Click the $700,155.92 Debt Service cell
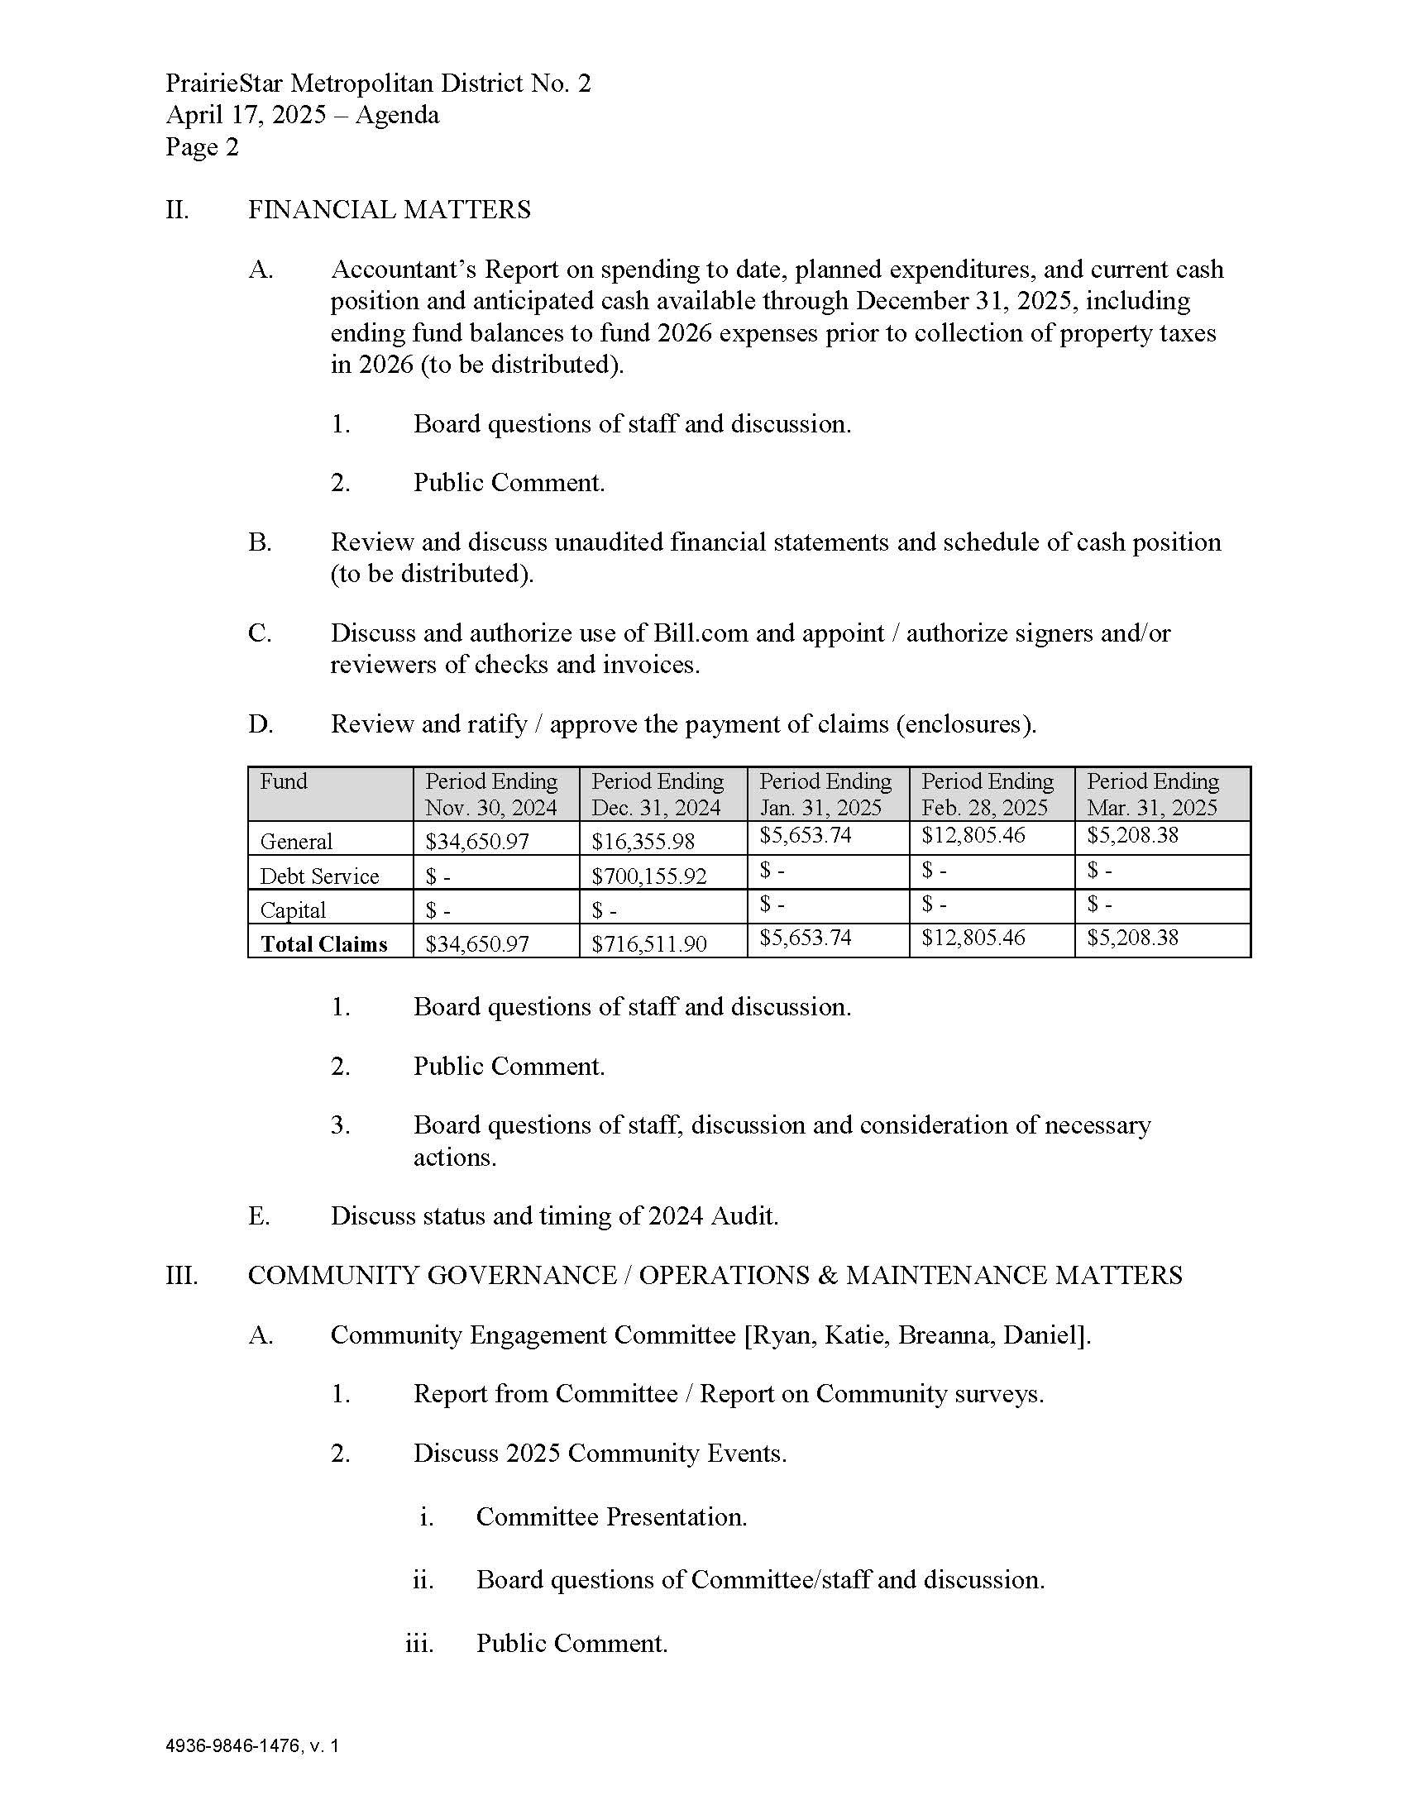pos(649,876)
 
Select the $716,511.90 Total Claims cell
pos(649,943)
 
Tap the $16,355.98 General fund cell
pos(642,841)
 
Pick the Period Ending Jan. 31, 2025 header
pos(825,794)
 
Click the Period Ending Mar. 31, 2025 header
pos(1153,794)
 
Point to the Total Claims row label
pos(324,943)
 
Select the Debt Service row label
pos(319,876)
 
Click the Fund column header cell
pos(284,781)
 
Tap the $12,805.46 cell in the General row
pos(973,835)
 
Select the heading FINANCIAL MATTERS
pos(389,209)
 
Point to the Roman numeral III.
pos(182,1275)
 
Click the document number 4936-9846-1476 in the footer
pos(233,1746)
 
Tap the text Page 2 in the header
pos(202,147)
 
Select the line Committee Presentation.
pos(611,1516)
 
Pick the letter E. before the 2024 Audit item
pos(259,1216)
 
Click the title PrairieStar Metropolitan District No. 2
pos(378,84)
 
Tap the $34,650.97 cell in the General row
pos(476,841)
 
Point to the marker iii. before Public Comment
pos(420,1643)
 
